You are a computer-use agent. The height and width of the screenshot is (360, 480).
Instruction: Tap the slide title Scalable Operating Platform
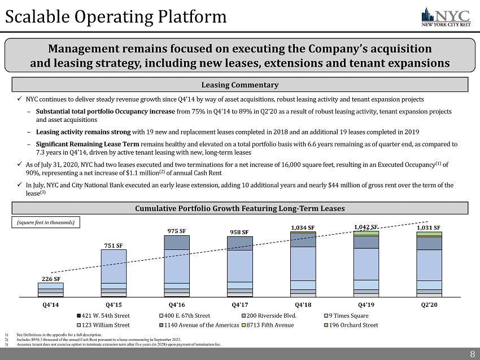[x=116, y=17]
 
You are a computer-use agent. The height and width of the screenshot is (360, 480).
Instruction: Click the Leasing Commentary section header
[x=241, y=85]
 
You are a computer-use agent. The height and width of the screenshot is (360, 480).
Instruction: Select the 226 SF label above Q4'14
[x=50, y=278]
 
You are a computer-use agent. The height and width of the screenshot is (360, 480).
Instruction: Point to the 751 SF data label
[x=114, y=245]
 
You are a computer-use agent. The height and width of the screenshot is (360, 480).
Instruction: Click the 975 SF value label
[x=177, y=230]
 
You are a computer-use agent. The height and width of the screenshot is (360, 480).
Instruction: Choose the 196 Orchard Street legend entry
[x=353, y=325]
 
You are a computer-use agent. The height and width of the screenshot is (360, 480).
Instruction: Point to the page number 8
[x=472, y=354]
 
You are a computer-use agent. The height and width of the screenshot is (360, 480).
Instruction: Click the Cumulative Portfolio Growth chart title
[x=241, y=209]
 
